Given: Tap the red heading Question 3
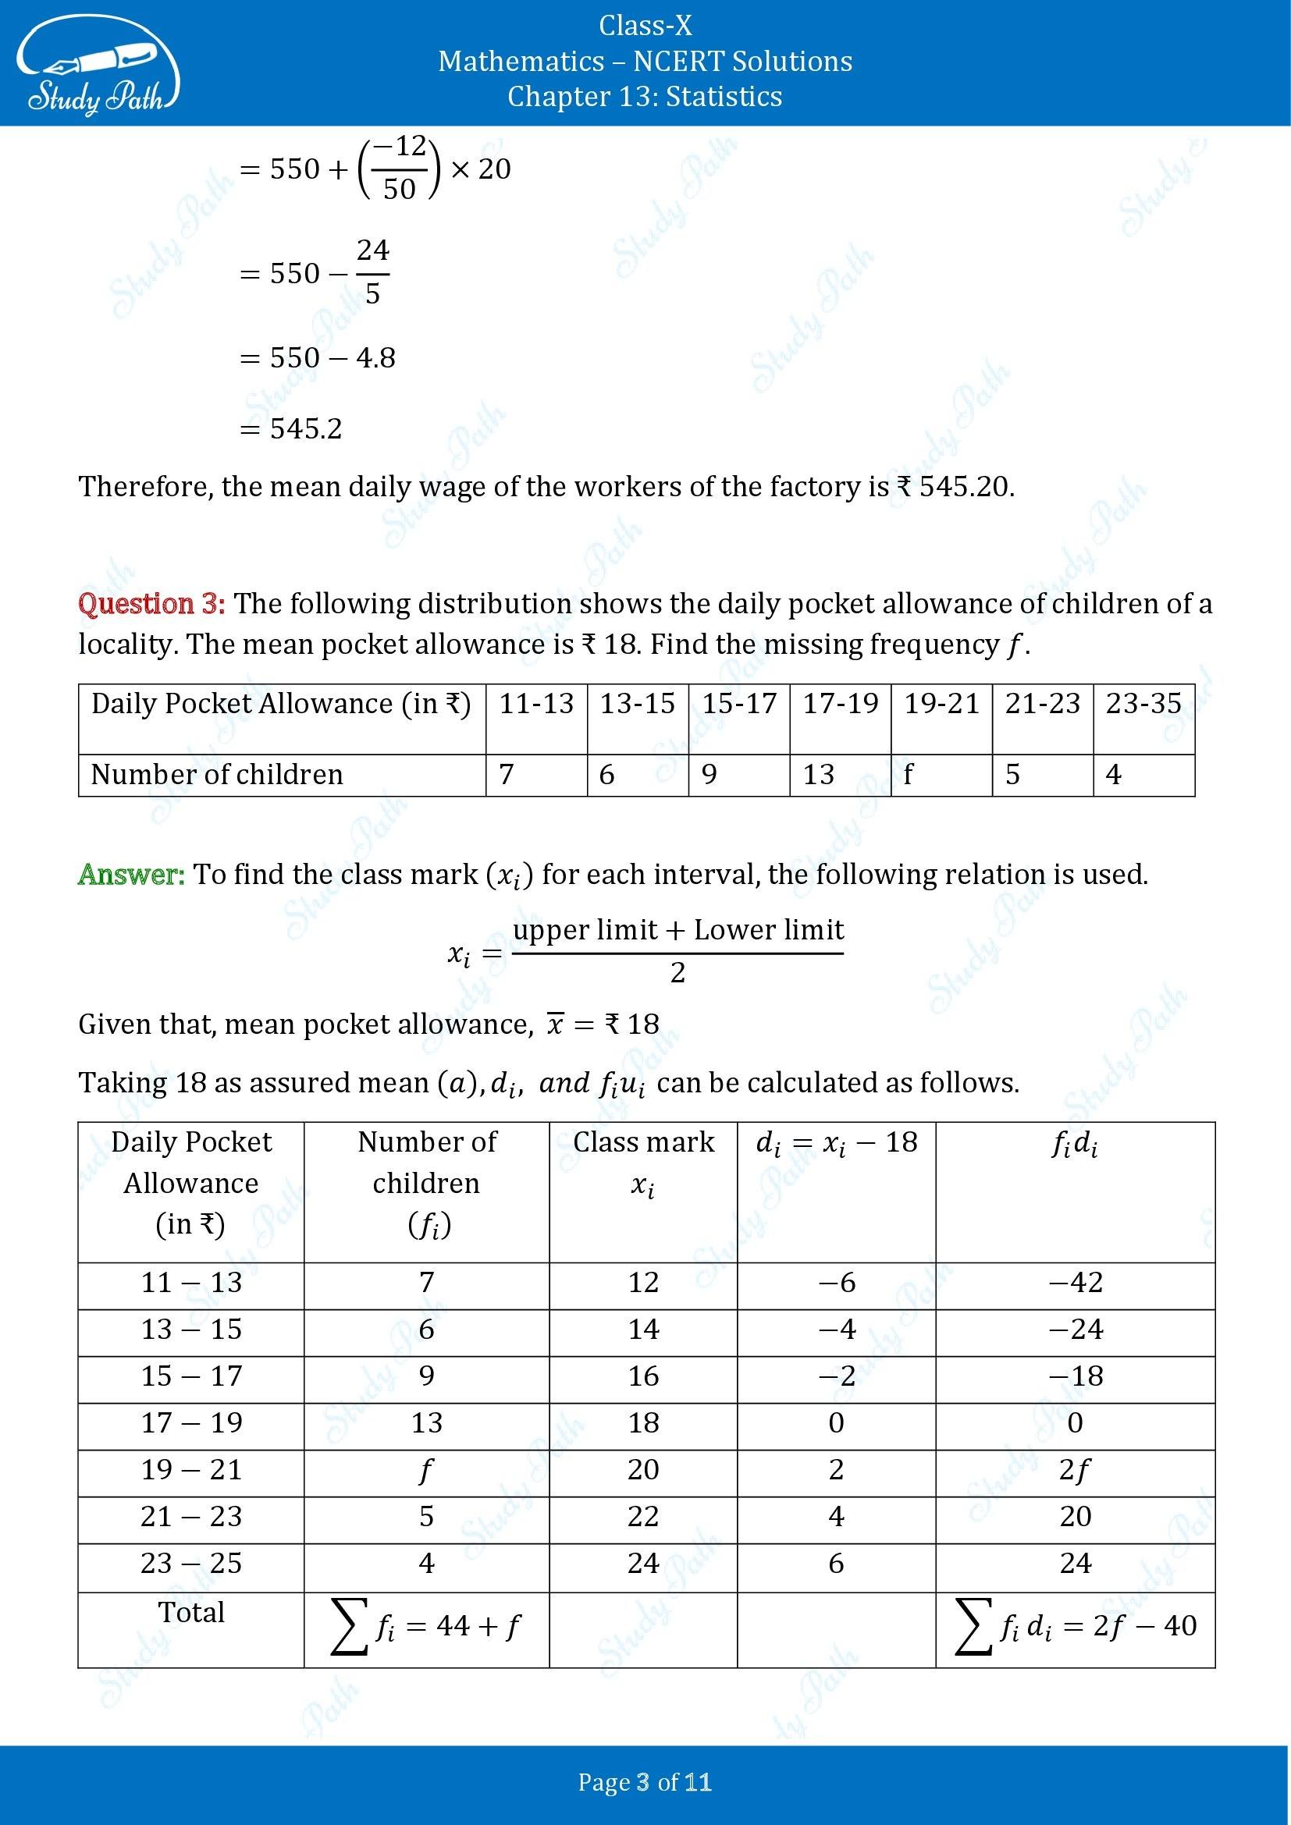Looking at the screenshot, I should [151, 604].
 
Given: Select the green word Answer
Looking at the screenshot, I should [131, 875].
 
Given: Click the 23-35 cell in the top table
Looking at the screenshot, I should [1143, 705].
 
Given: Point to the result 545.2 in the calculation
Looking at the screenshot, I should [305, 429].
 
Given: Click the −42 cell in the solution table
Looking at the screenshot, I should [1075, 1282].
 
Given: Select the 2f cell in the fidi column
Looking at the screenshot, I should [1075, 1470].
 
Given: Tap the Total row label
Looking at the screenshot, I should [191, 1612].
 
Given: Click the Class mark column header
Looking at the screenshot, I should [643, 1163].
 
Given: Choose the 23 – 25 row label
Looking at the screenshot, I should [191, 1564].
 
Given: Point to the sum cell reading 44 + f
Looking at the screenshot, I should [426, 1627].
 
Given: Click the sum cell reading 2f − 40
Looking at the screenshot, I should [1075, 1627].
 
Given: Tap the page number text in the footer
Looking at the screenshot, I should [645, 1783].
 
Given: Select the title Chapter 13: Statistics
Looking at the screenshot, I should [645, 96].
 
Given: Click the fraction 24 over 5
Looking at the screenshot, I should [372, 272].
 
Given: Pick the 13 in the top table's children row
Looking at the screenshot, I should [818, 774].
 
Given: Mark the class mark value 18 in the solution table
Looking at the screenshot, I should [643, 1423].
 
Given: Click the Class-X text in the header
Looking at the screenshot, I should [645, 27].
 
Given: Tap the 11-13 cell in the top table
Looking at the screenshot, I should [535, 705].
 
